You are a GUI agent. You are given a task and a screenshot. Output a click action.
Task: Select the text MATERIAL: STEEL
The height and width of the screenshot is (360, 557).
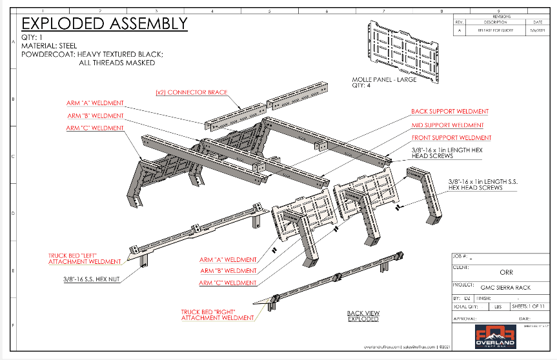[x=49, y=46]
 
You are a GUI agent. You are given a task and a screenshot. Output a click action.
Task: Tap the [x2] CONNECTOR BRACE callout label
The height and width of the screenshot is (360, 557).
[x=191, y=92]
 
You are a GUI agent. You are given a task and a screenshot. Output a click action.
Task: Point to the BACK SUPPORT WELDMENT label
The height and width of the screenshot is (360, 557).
[x=450, y=112]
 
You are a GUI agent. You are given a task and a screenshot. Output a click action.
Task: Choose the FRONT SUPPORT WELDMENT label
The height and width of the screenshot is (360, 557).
[x=451, y=137]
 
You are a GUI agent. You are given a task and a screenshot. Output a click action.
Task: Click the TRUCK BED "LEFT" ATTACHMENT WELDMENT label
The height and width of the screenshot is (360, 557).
[x=85, y=259]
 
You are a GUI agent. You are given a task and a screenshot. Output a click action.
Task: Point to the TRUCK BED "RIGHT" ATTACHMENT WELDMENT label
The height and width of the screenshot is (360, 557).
[x=218, y=314]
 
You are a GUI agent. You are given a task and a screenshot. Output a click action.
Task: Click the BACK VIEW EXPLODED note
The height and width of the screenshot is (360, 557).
[x=363, y=315]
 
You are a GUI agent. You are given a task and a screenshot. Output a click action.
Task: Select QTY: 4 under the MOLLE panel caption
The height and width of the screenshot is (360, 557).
[x=360, y=85]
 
